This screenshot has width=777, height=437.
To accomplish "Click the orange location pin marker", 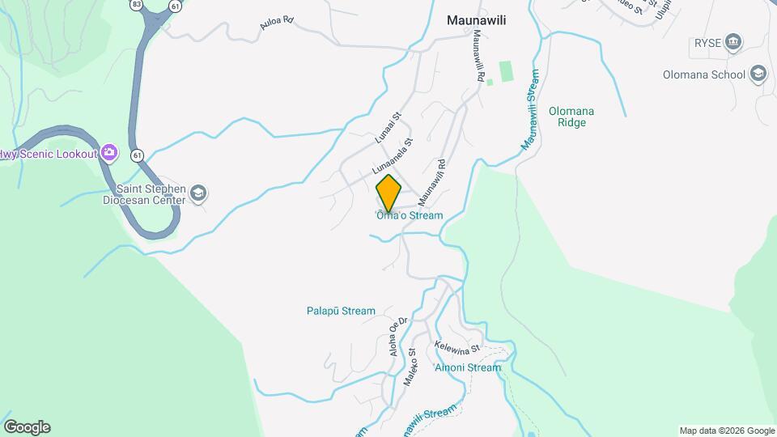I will pyautogui.click(x=388, y=193).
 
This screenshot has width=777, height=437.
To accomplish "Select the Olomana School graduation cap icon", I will pyautogui.click(x=758, y=74).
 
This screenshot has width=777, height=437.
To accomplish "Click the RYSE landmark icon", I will pyautogui.click(x=733, y=41).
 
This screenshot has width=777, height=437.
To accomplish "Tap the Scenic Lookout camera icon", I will pyautogui.click(x=110, y=153).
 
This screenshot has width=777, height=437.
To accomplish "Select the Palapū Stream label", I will pyautogui.click(x=341, y=311).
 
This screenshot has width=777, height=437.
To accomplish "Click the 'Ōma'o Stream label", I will pyautogui.click(x=409, y=216).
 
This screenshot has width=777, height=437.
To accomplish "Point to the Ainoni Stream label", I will pyautogui.click(x=468, y=367).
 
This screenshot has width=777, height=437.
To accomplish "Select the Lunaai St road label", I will pyautogui.click(x=388, y=129).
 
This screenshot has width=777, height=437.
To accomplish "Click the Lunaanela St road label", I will pyautogui.click(x=393, y=156).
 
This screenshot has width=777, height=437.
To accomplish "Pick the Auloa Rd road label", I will pyautogui.click(x=275, y=25).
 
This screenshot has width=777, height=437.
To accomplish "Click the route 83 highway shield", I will pyautogui.click(x=137, y=4).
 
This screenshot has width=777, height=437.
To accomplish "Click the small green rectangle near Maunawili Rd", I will pyautogui.click(x=507, y=71).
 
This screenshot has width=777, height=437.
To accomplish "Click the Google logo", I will pyautogui.click(x=27, y=427).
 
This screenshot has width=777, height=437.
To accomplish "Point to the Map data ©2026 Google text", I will pyautogui.click(x=727, y=431).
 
